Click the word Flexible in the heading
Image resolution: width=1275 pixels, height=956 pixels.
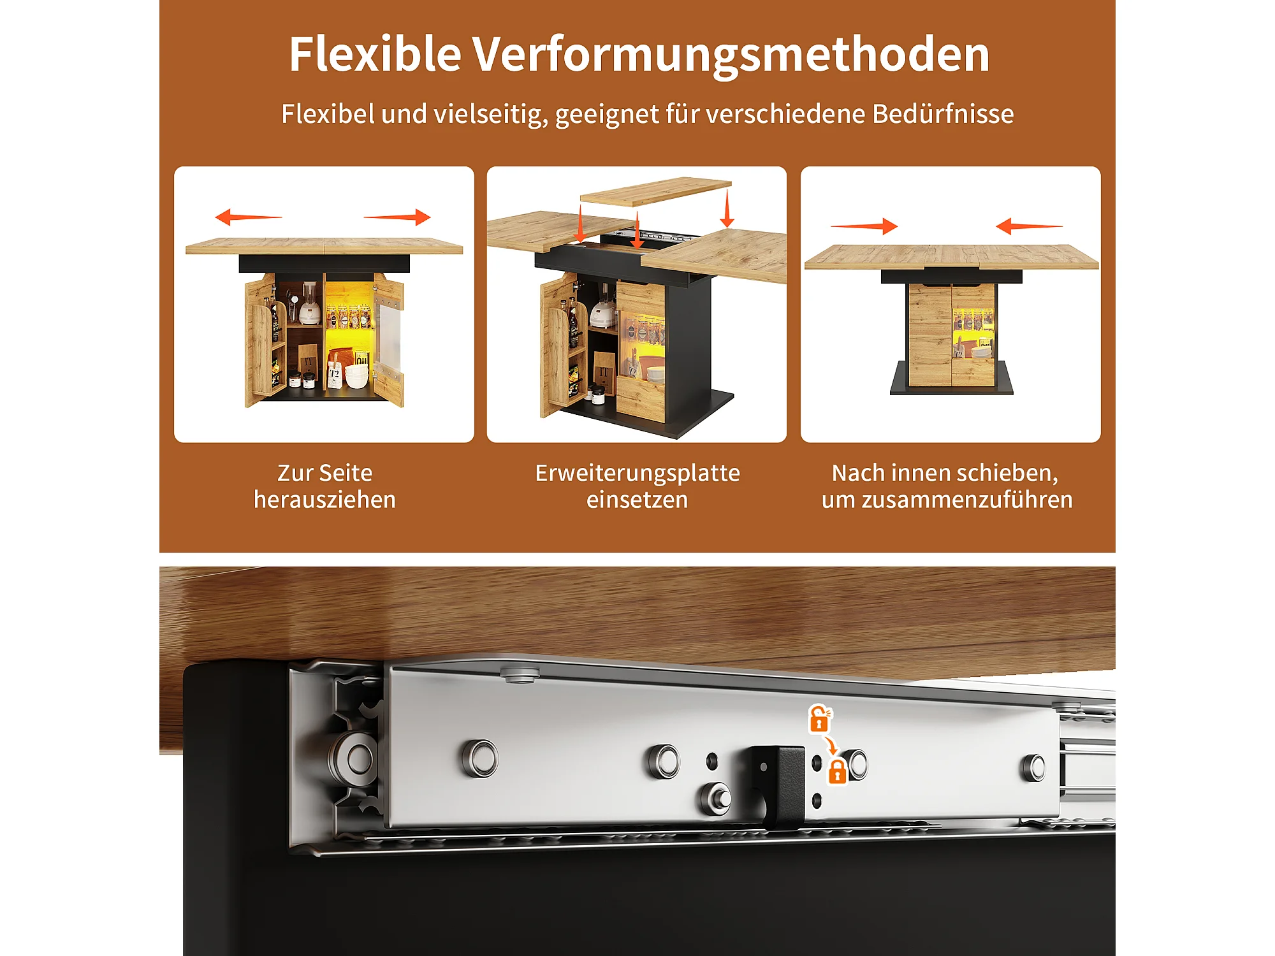375,54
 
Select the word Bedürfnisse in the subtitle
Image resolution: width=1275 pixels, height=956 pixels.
943,114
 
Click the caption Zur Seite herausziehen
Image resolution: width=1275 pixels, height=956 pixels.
324,486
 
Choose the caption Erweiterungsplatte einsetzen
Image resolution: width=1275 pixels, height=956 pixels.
637,486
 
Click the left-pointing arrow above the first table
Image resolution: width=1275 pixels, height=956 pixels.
249,217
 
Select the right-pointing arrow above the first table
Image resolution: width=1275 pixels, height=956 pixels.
397,217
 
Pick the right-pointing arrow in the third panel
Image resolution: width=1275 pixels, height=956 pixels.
864,226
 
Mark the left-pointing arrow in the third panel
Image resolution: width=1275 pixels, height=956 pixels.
1029,226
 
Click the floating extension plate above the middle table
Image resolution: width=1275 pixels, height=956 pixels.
655,191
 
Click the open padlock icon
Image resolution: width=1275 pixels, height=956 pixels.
820,719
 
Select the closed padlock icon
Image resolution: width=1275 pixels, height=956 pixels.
837,771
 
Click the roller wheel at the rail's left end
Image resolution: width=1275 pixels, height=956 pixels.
352,758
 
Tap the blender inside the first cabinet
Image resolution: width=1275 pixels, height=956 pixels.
310,304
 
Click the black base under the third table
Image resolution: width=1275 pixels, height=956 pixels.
951,379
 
